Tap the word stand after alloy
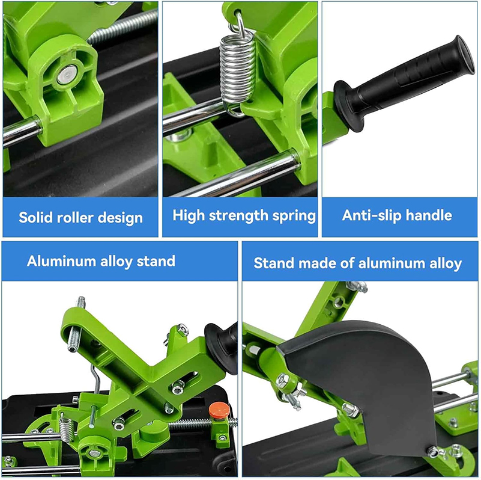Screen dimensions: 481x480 [x=156, y=261]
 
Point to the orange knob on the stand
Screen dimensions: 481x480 [x=219, y=411]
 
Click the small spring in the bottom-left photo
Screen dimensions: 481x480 [x=66, y=427]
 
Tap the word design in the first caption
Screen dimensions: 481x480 [x=120, y=218]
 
